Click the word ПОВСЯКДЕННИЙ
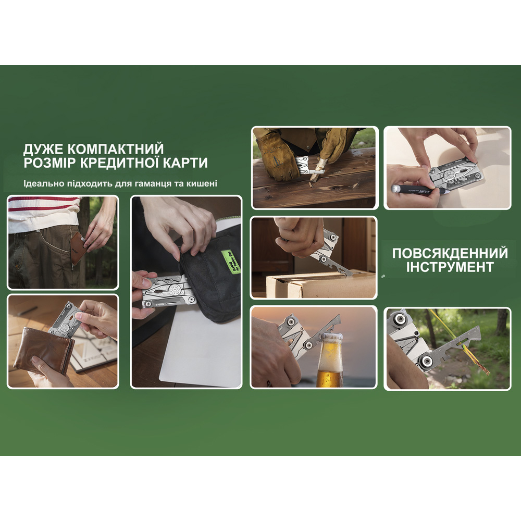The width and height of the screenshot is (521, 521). pyautogui.click(x=450, y=254)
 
